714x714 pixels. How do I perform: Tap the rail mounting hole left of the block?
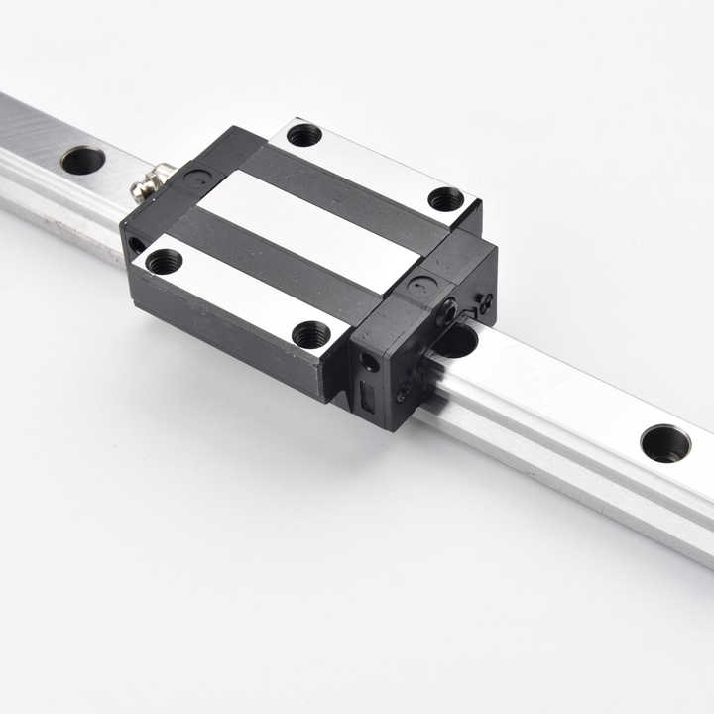82,160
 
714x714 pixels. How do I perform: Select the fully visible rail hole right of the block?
665,443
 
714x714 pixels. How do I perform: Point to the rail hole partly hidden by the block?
456,341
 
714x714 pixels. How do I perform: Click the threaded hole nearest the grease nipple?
164,262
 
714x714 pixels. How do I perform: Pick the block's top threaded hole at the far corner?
303,134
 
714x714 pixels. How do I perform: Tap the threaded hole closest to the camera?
311,334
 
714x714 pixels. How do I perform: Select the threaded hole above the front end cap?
445,199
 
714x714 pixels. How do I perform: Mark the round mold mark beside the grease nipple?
198,179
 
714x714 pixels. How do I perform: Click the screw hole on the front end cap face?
448,312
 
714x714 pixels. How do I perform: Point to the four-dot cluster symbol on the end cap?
484,303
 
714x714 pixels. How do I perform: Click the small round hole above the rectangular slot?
370,363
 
